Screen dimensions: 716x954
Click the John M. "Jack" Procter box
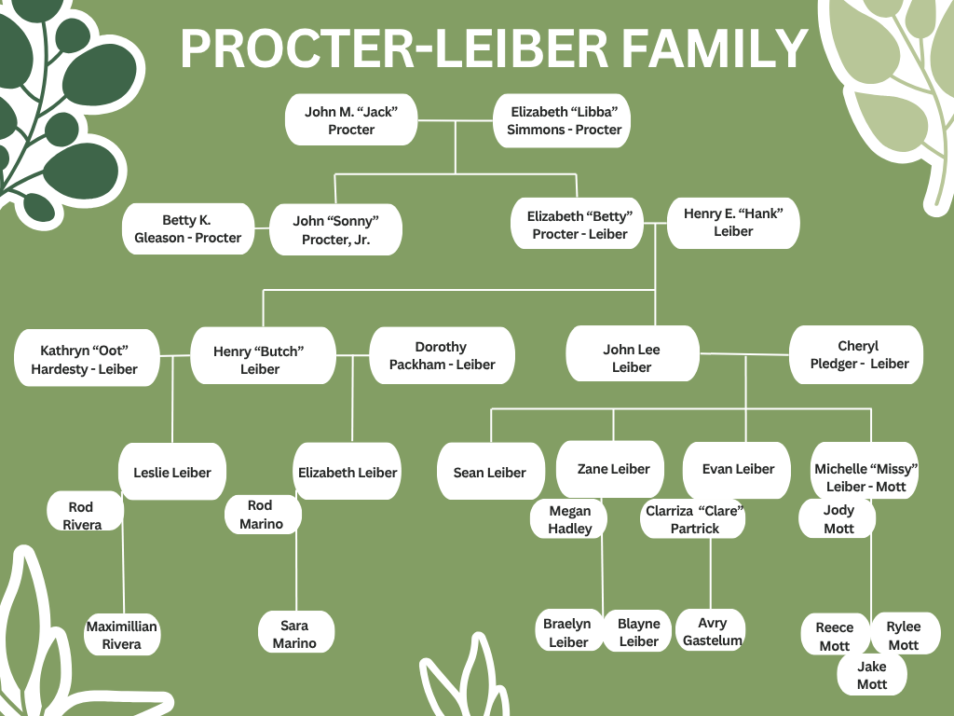351,120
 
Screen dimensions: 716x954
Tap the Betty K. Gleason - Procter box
188,229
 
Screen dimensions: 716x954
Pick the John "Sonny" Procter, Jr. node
336,230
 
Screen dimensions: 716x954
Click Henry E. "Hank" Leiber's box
733,222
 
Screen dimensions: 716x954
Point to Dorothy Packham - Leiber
442,355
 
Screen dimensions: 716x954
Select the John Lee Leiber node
632,359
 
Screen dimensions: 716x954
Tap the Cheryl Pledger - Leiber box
858,355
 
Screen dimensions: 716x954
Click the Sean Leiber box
490,473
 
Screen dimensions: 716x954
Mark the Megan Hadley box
569,520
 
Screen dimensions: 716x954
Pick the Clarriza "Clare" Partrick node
694,519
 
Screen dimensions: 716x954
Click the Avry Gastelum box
712,631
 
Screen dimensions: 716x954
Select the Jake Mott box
872,676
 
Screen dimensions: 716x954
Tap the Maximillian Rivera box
121,635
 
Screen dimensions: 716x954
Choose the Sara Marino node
294,634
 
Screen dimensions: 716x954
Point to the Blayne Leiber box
639,632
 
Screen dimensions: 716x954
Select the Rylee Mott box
904,636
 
